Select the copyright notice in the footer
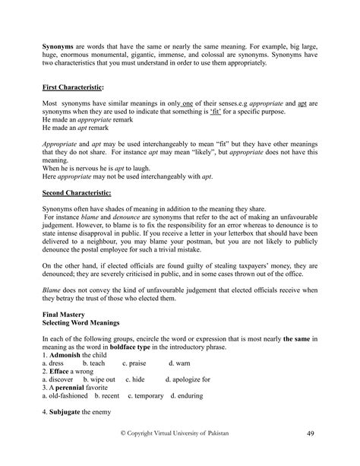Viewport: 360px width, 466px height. [x=180, y=433]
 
